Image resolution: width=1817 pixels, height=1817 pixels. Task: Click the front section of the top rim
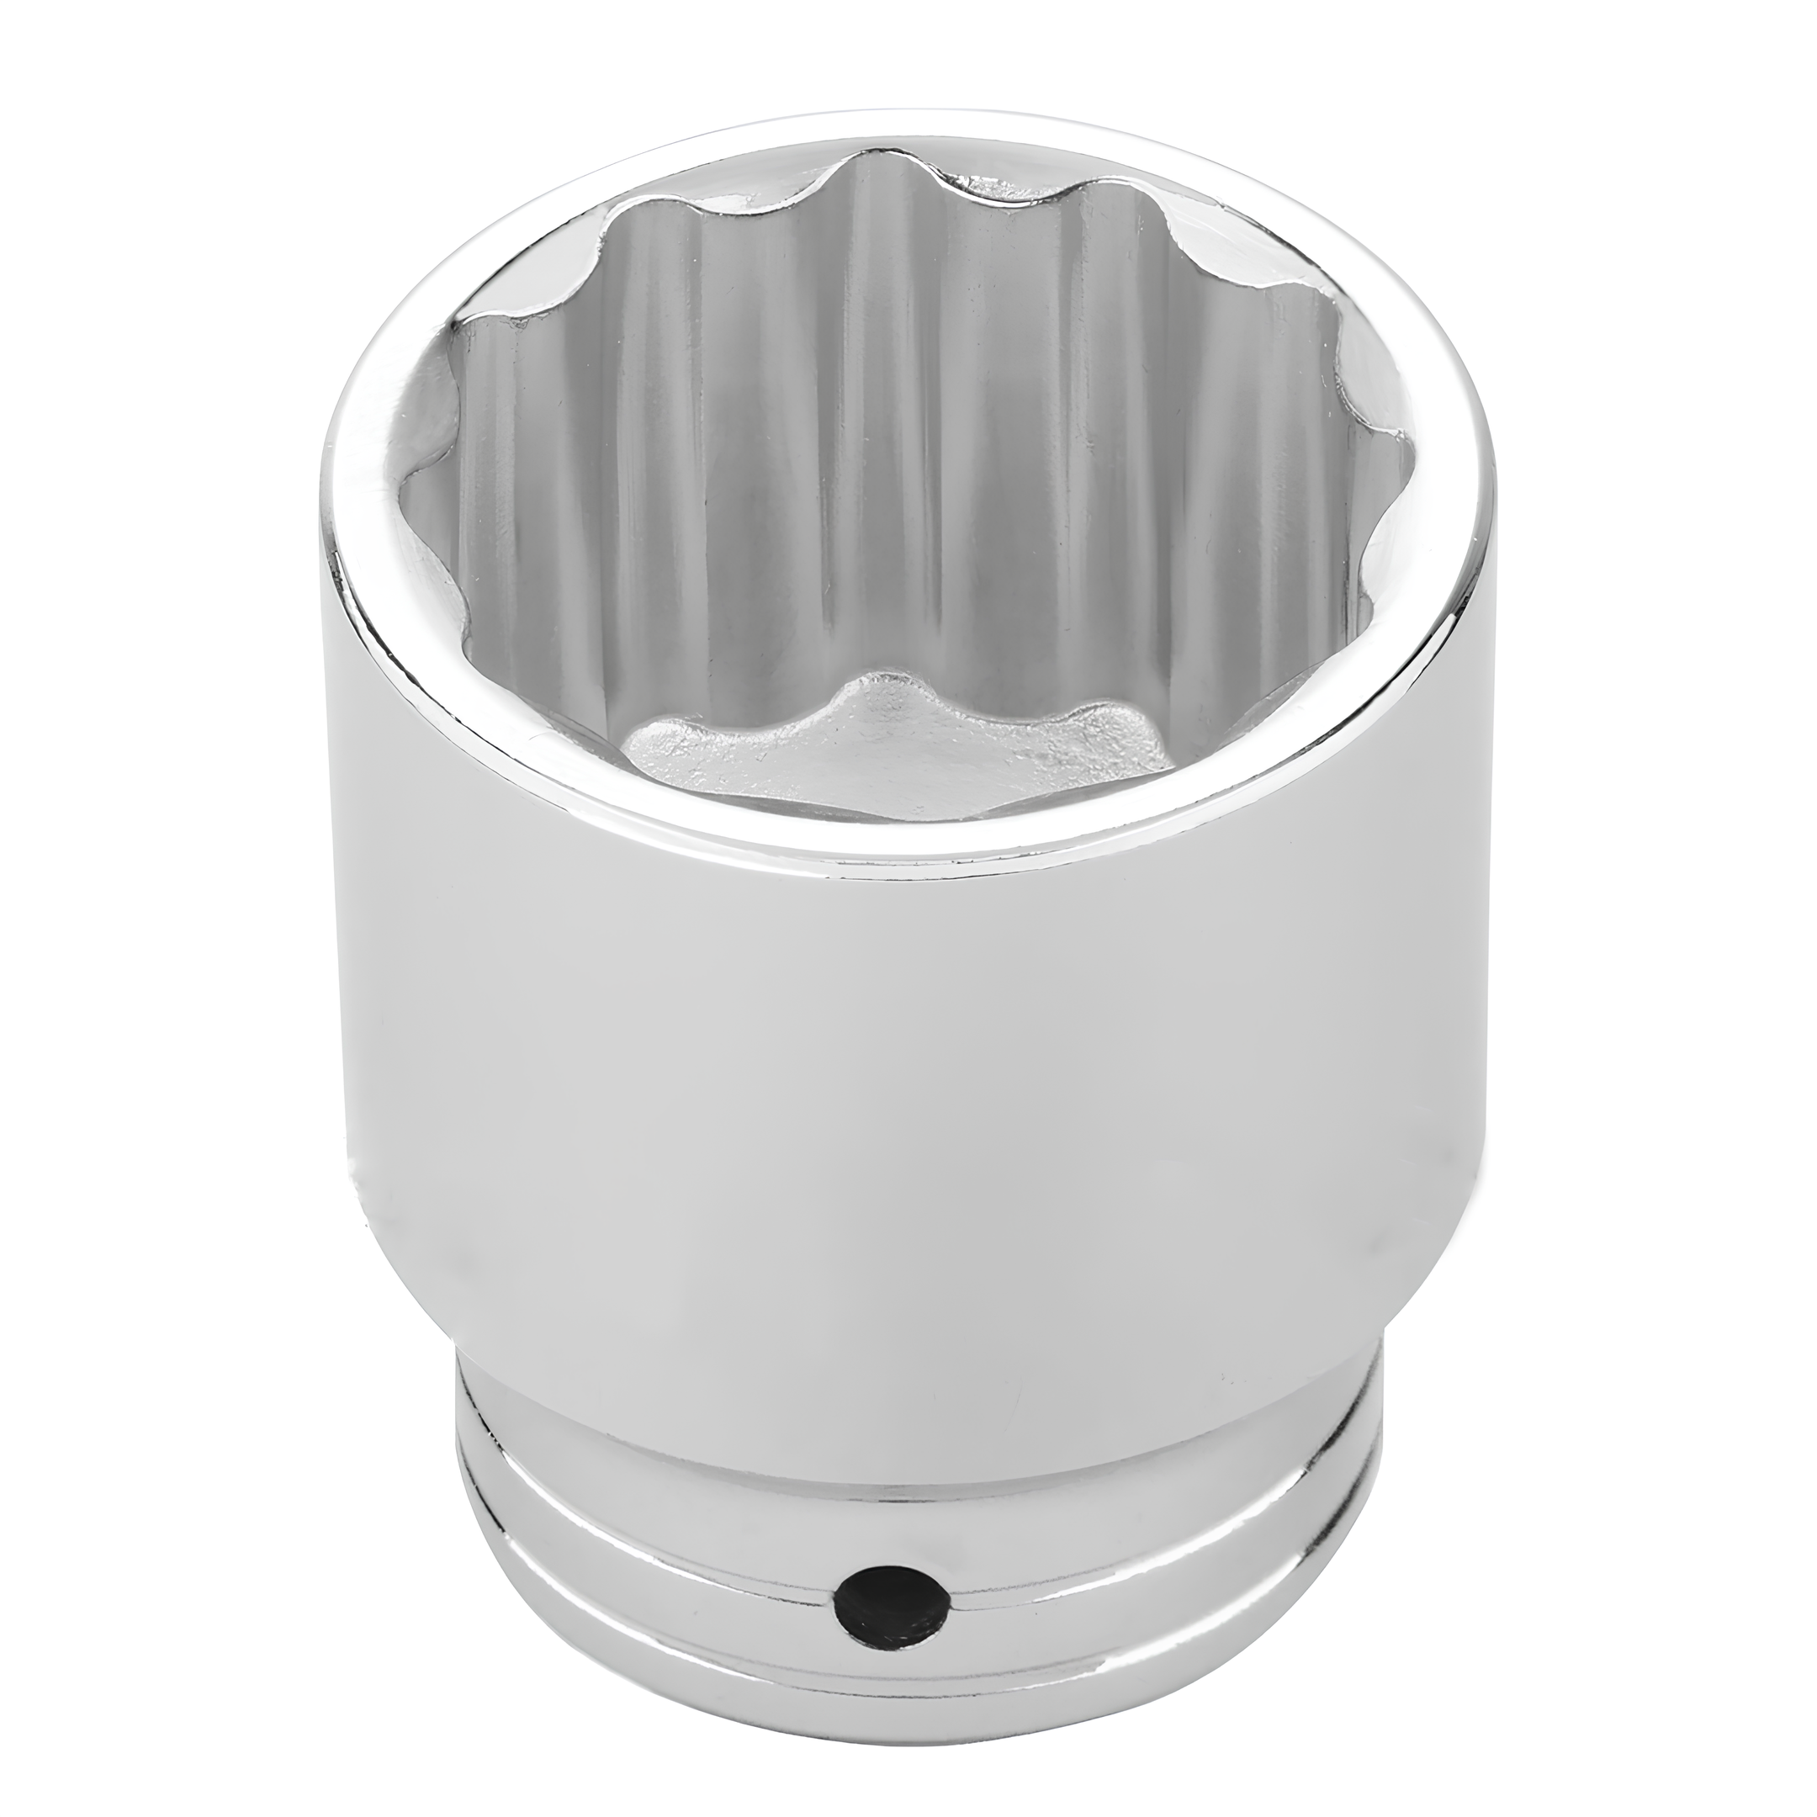[903, 846]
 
